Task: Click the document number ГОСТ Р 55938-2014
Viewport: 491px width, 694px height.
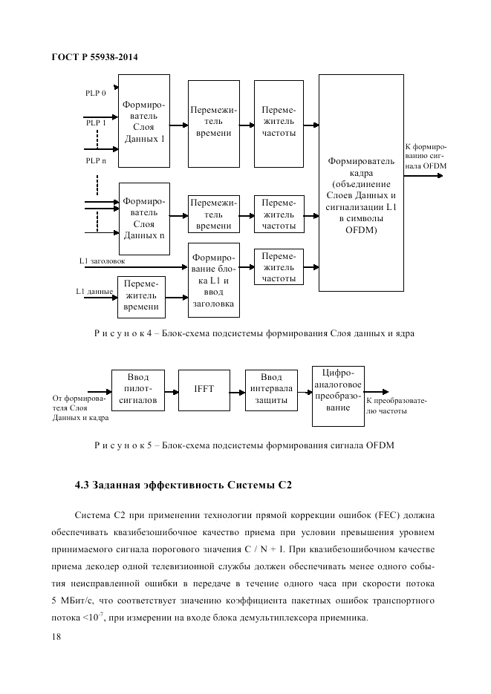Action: [x=95, y=57]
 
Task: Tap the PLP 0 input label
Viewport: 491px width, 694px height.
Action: [x=96, y=93]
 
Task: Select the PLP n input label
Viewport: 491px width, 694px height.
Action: [x=96, y=160]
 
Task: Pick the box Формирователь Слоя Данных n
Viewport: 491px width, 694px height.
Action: [x=144, y=218]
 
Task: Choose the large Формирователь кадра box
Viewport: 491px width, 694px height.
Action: [x=360, y=183]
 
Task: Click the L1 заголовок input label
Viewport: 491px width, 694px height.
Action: [x=103, y=261]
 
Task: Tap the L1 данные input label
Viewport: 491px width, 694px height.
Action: [x=94, y=292]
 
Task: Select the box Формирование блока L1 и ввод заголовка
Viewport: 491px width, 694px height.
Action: [x=214, y=281]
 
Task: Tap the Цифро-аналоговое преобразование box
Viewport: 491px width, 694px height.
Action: [x=338, y=396]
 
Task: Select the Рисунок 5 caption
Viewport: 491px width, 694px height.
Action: [x=243, y=445]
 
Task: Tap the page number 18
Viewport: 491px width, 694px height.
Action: [x=57, y=636]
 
